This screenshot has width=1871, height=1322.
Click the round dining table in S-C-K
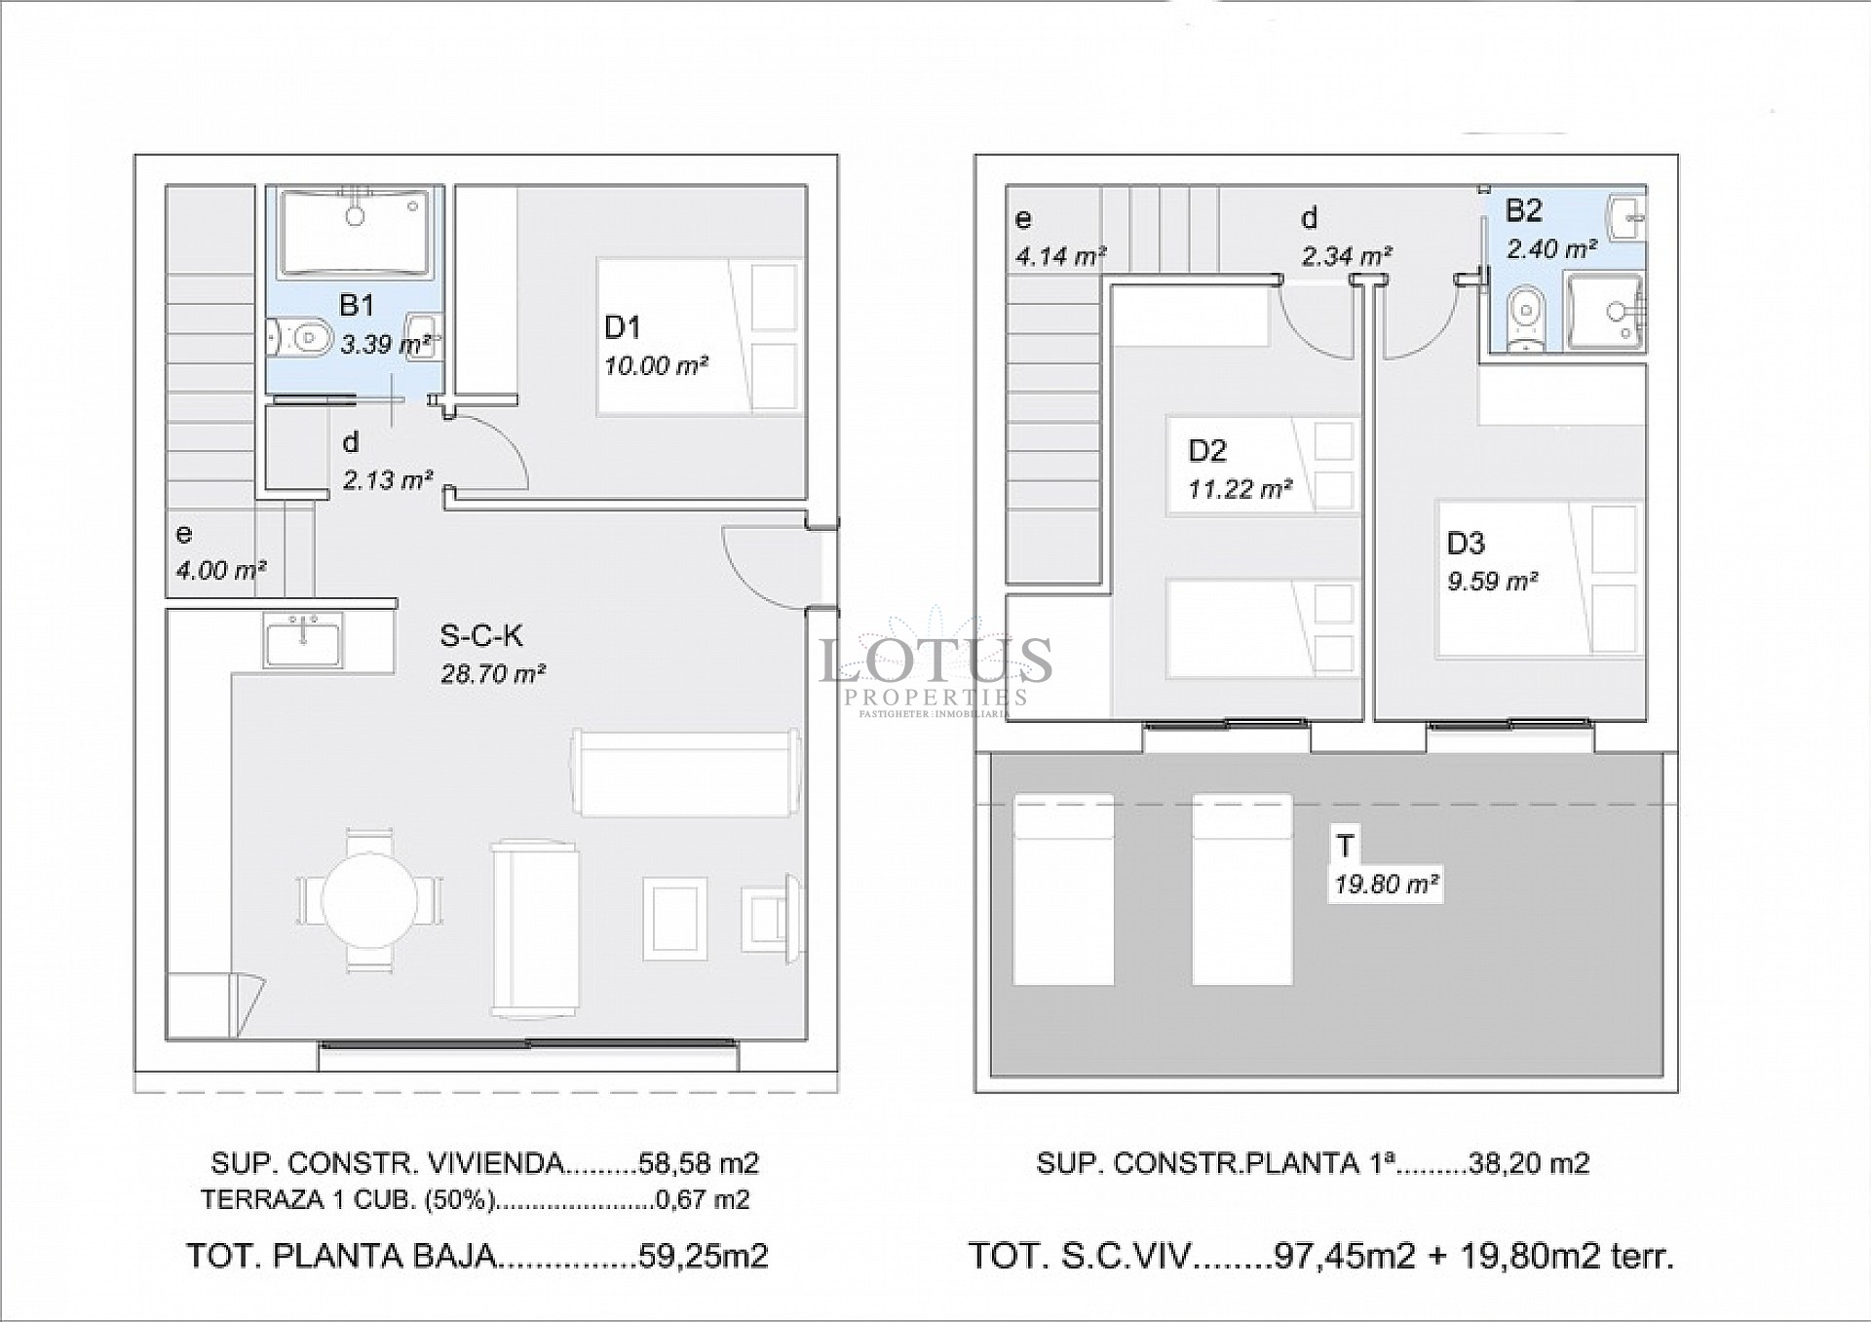(370, 901)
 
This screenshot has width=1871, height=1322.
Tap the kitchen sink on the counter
(303, 640)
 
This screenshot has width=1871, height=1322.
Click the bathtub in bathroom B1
(356, 233)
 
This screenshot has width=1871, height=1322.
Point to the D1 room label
(622, 327)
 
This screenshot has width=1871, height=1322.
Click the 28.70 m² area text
(492, 673)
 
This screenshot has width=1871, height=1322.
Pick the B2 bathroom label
(1523, 210)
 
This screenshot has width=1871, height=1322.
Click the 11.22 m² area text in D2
(1240, 488)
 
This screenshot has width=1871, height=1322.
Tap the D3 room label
(1465, 543)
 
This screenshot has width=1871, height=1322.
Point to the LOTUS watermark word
(935, 661)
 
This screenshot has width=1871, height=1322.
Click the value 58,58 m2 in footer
(698, 1162)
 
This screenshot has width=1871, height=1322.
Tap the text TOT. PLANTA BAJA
(341, 1256)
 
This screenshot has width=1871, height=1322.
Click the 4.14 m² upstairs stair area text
(1060, 256)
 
